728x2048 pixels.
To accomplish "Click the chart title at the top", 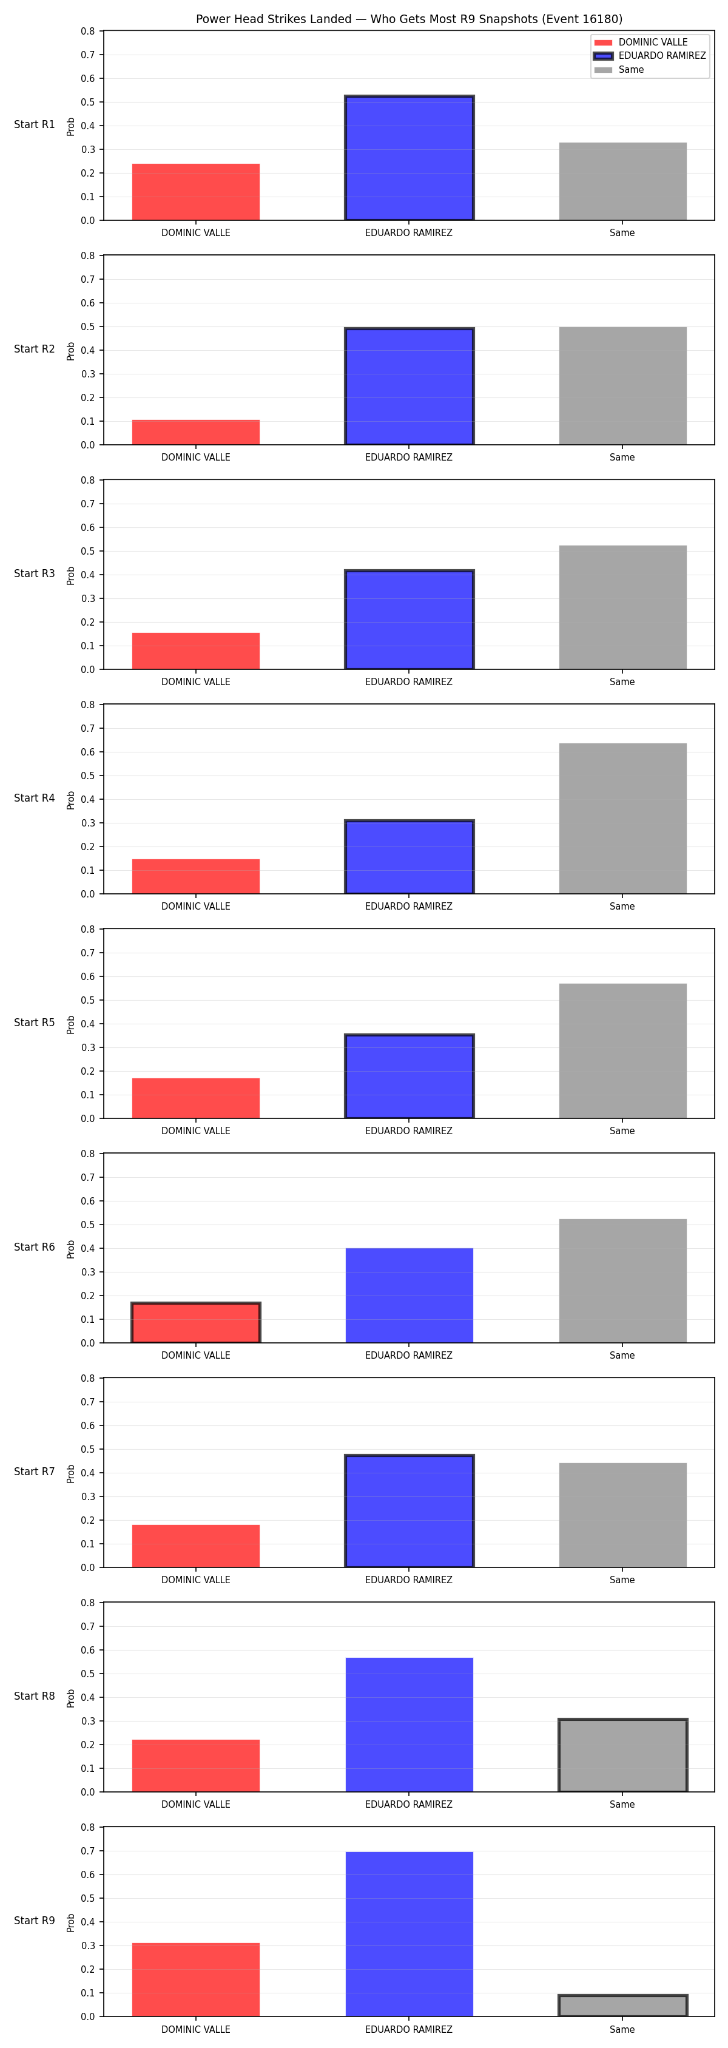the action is (x=409, y=19).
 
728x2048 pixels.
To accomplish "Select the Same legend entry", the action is (x=619, y=70).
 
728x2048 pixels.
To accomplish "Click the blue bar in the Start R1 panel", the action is (x=409, y=158).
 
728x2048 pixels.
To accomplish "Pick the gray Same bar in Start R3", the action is (x=622, y=607).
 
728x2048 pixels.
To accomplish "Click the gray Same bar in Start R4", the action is (x=622, y=818).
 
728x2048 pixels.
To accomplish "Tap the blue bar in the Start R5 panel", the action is (x=409, y=1076).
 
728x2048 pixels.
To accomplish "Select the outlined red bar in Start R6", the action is (x=195, y=1323).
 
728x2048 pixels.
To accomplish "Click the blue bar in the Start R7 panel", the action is (x=409, y=1512).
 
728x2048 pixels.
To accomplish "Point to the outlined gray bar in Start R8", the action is (x=622, y=1756).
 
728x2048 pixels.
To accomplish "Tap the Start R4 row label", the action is (x=34, y=798).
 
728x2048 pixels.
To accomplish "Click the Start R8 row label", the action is (x=34, y=1696).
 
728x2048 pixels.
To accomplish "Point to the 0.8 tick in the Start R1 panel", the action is (x=87, y=31).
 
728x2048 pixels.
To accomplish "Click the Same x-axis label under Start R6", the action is (x=622, y=1356).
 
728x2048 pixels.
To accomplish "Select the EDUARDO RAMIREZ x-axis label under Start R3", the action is (x=408, y=682).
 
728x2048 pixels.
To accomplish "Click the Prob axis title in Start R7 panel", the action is (x=71, y=1474).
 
